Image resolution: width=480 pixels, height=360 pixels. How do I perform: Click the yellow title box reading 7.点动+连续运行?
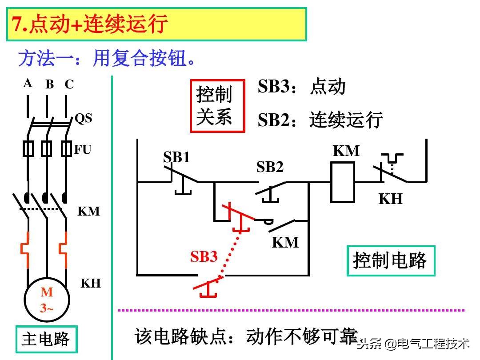[156, 24]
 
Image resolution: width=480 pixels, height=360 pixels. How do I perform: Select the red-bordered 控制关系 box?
[218, 106]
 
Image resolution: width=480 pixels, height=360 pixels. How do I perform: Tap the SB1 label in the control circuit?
[176, 157]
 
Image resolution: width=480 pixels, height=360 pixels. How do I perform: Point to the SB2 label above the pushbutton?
[270, 167]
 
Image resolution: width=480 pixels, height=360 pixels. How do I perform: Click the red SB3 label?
[204, 256]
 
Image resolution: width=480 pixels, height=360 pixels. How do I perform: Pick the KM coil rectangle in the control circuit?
[343, 182]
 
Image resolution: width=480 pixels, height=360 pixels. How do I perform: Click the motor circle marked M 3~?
[47, 300]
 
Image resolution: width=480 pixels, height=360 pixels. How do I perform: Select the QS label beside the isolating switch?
[83, 118]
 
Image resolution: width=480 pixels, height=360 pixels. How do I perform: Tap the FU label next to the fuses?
[82, 149]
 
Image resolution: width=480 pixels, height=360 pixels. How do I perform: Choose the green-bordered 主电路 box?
[46, 340]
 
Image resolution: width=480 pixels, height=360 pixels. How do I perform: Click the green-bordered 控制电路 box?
[391, 260]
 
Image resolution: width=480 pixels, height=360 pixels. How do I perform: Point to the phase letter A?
[28, 83]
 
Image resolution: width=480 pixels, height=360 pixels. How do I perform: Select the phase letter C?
[69, 84]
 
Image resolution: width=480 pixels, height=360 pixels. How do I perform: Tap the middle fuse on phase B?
[46, 149]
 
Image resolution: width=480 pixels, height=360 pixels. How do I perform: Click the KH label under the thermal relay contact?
[390, 199]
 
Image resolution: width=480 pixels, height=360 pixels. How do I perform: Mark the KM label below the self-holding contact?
[285, 242]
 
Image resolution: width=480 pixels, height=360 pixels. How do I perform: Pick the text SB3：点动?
[301, 87]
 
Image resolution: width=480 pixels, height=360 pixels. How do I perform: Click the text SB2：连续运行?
[320, 120]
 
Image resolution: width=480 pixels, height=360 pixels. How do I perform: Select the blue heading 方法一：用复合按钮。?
[107, 59]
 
